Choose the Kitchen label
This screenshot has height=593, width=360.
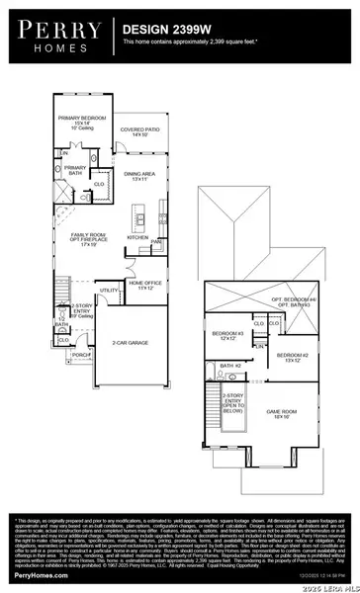pyautogui.click(x=137, y=237)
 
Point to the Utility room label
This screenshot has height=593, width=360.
pyautogui.click(x=107, y=290)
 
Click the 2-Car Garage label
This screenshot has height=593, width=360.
pyautogui.click(x=130, y=342)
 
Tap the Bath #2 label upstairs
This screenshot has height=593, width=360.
pyautogui.click(x=230, y=366)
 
